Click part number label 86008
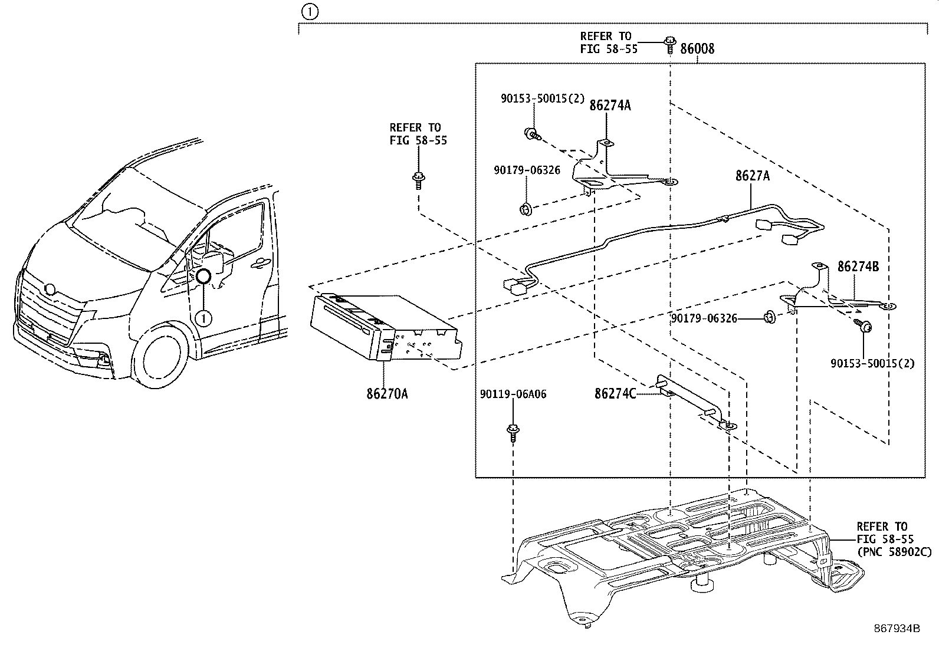click(x=697, y=49)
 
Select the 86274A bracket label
click(x=610, y=106)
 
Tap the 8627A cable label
click(x=752, y=176)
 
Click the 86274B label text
click(x=858, y=267)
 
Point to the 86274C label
click(x=615, y=393)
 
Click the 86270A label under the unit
click(x=387, y=393)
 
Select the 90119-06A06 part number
click(x=513, y=394)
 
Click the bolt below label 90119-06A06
click(x=513, y=433)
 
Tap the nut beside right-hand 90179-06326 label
click(x=769, y=318)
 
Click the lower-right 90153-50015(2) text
click(x=872, y=364)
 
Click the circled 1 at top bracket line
click(x=309, y=11)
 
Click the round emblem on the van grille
click(x=51, y=290)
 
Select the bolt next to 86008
click(x=670, y=45)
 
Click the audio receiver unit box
click(x=384, y=331)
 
